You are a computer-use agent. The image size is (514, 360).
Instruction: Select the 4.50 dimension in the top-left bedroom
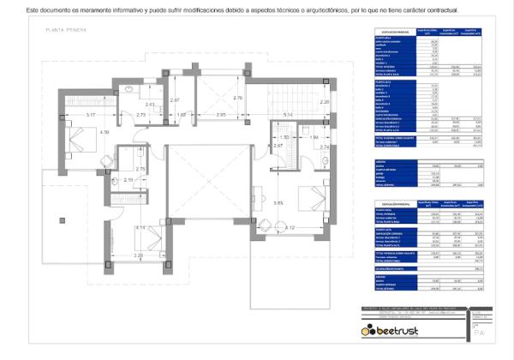pos(105,133)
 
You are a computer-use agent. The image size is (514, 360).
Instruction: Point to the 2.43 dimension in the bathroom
pos(151,105)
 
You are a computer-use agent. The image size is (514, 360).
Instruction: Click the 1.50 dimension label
pos(286,137)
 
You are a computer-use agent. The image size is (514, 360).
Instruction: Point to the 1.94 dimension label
pos(314,137)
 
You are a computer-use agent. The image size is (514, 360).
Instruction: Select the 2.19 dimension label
pos(128,179)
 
